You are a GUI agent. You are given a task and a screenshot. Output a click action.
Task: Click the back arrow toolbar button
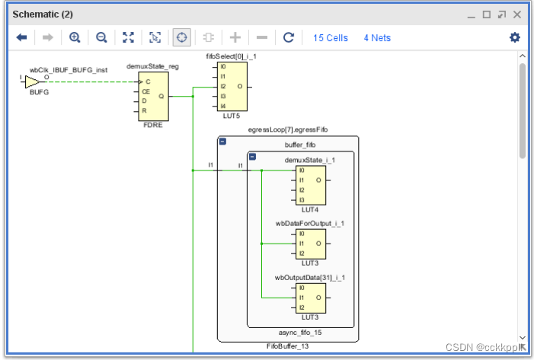click(21, 37)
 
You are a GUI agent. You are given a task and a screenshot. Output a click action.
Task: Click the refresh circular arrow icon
click(288, 37)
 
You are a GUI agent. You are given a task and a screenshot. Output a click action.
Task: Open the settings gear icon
click(514, 37)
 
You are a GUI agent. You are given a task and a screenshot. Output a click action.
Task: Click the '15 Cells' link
click(330, 37)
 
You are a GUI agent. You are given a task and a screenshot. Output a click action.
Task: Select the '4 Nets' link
click(377, 37)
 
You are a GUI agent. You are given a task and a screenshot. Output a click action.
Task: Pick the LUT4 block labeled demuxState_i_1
click(310, 185)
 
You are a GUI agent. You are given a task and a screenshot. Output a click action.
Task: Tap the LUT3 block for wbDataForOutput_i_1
click(310, 244)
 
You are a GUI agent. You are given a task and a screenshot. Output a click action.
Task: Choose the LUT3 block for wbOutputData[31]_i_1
click(310, 298)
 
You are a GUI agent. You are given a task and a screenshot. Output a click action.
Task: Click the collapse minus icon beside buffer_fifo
click(252, 156)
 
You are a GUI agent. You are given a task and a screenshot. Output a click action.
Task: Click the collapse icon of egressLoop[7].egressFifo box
click(222, 142)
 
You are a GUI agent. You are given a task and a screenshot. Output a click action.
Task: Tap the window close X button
click(516, 14)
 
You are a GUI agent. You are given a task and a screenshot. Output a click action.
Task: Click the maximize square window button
click(486, 14)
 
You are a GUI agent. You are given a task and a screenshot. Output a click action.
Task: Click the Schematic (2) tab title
click(42, 14)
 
